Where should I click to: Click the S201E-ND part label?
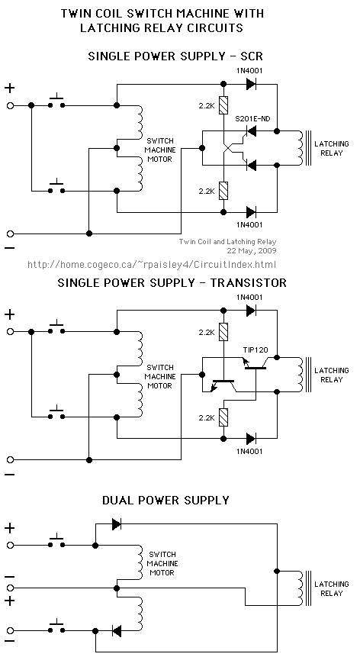[x=252, y=119]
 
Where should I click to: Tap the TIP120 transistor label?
[x=256, y=350]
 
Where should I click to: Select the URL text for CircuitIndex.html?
[x=152, y=264]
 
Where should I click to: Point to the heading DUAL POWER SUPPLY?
[x=166, y=500]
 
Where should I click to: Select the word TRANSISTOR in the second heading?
[x=249, y=282]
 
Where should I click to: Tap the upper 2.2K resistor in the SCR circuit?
[x=224, y=105]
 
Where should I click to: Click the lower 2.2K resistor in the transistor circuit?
[x=224, y=417]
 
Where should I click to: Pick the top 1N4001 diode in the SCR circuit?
[x=251, y=84]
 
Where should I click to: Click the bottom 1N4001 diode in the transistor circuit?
[x=251, y=439]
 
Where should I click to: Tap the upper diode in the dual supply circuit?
[x=117, y=523]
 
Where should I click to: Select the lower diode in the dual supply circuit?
[x=117, y=630]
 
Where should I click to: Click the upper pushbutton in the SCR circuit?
[x=56, y=103]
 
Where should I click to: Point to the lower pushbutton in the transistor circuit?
[x=56, y=414]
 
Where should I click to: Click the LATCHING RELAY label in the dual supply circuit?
[x=332, y=588]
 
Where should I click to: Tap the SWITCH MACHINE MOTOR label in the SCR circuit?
[x=159, y=150]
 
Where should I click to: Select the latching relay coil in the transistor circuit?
[x=301, y=375]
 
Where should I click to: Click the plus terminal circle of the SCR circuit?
[x=10, y=105]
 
